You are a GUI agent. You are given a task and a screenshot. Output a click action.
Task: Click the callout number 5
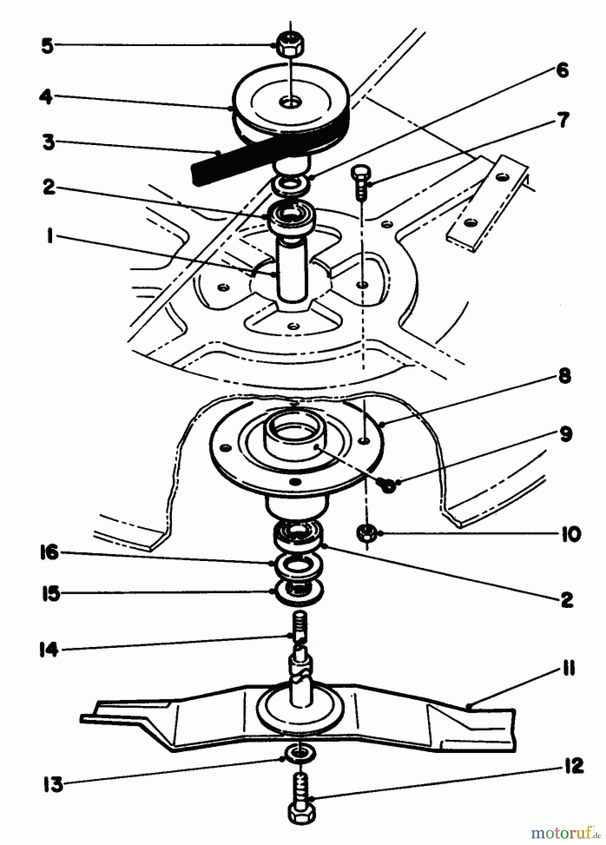47,46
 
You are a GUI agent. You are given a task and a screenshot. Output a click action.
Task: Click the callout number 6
562,70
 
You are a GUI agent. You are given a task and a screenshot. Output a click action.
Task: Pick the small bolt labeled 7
361,181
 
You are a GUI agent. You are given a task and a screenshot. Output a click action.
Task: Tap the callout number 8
565,376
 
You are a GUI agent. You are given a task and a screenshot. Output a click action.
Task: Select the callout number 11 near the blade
568,668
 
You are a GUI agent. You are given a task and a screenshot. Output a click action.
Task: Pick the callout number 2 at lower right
567,599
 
